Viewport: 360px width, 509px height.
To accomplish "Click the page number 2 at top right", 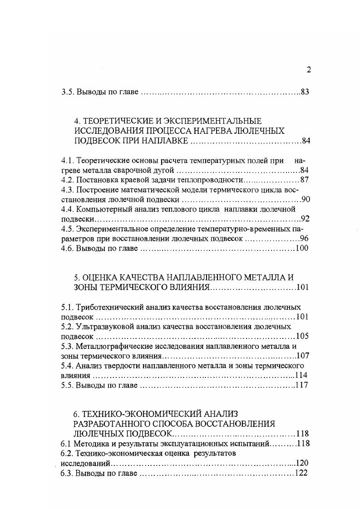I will coord(309,69).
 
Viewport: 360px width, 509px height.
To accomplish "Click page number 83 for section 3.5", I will coord(305,93).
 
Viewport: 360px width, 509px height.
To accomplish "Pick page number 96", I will coord(305,238).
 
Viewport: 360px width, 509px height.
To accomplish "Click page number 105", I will coord(301,336).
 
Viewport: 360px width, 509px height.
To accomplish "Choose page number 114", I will coord(301,375).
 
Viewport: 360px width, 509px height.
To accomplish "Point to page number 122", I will coord(301,473).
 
